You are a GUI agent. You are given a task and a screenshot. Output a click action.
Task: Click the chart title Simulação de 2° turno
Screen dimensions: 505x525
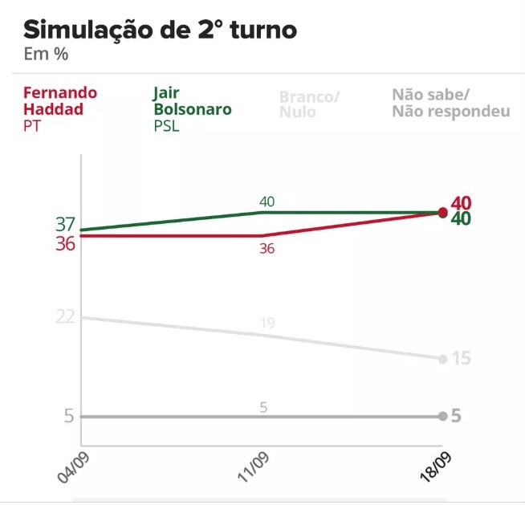coord(160,31)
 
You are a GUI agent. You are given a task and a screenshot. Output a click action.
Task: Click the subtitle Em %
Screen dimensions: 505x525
coord(46,55)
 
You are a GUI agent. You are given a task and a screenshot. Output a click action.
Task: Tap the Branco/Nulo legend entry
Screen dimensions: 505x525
coord(310,104)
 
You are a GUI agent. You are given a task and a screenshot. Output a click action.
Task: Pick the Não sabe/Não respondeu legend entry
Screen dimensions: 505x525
coord(450,104)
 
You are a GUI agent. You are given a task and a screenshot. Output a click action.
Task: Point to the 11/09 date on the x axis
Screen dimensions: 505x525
coord(252,466)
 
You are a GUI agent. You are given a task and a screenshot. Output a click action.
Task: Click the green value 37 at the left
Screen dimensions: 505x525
coord(66,225)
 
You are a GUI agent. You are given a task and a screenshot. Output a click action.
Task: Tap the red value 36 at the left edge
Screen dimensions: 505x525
coord(66,244)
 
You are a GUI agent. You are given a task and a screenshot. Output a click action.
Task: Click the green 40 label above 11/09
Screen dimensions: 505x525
coord(267,202)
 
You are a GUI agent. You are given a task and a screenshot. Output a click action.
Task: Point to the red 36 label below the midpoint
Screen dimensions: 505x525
coord(267,249)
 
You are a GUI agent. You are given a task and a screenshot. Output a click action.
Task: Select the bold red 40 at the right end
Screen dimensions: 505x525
coord(461,203)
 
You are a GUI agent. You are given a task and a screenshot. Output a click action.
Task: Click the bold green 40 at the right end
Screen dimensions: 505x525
coord(461,219)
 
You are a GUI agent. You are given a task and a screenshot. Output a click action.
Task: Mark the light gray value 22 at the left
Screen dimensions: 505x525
coord(66,317)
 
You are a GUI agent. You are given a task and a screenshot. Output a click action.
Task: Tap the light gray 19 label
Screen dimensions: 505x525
coord(267,324)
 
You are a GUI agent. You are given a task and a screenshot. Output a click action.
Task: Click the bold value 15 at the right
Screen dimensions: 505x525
coord(461,358)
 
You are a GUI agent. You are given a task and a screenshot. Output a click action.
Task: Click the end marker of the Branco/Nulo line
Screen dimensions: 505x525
coord(442,358)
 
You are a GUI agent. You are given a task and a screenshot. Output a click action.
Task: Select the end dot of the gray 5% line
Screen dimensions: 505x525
coord(442,416)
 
